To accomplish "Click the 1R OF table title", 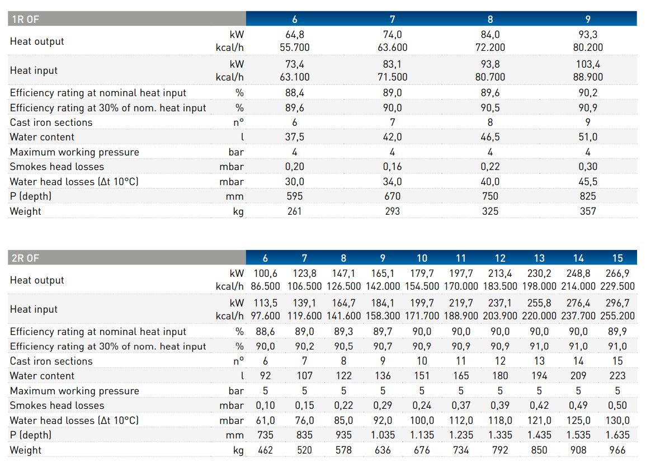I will pos(25,20).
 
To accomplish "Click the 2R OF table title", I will pos(25,258).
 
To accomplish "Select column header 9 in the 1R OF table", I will pos(588,20).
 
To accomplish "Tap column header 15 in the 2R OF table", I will pos(617,258).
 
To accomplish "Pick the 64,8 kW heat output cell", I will pos(294,35).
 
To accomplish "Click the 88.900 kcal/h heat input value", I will pos(588,77).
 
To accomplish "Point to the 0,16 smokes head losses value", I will pos(392,167).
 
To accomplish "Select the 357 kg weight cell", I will pos(588,211).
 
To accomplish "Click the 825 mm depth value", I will pos(588,196).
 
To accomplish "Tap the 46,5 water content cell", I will pos(490,137).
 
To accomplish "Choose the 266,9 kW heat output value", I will pos(617,273).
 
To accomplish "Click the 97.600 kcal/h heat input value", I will pos(265,316).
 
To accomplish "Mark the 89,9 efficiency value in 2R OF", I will pos(617,332).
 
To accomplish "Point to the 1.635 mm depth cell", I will pos(617,435).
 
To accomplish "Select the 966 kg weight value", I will pos(617,450).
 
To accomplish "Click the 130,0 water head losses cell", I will pos(617,421).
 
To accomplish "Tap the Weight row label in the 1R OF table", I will pos(26,211).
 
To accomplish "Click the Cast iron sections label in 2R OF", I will pos(51,361).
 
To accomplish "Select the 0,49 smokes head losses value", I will pos(578,405).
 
